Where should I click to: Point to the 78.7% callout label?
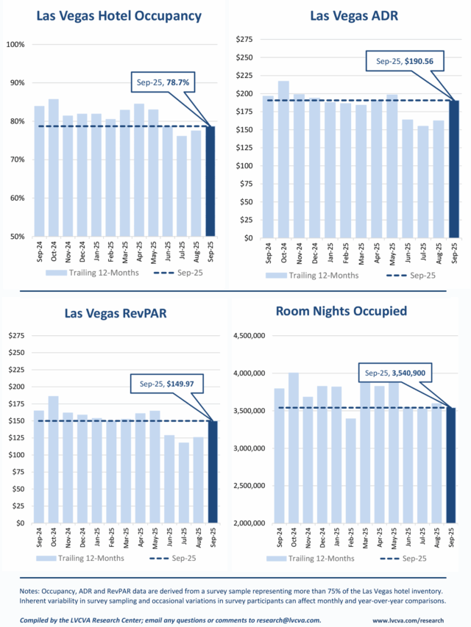pyautogui.click(x=163, y=84)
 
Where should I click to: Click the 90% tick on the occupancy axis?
pyautogui.click(x=15, y=82)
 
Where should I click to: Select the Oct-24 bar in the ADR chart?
pyautogui.click(x=283, y=159)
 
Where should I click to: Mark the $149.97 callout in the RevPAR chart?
pyautogui.click(x=166, y=383)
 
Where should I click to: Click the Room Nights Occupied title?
pyautogui.click(x=341, y=311)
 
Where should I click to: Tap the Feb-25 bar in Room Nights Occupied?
pyautogui.click(x=351, y=470)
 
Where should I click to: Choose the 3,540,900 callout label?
pyautogui.click(x=397, y=373)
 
